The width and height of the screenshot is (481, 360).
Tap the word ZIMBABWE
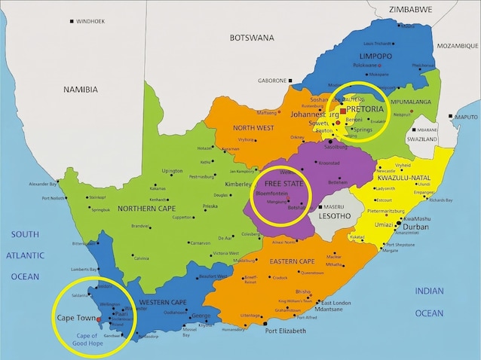(410, 10)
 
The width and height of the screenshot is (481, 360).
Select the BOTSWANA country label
(252, 37)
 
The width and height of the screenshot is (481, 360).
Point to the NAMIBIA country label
(81, 89)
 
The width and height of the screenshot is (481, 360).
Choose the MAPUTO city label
(466, 117)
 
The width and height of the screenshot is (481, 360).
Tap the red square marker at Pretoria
(342, 111)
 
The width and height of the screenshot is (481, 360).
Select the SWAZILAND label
(421, 140)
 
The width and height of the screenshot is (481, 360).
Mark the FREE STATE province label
(283, 184)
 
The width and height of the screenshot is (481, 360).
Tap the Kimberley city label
(237, 183)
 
